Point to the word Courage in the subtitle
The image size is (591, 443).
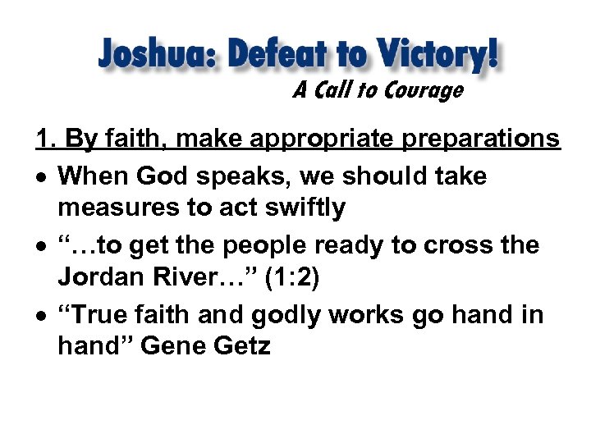[423, 90]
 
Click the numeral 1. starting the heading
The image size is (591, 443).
[46, 139]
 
